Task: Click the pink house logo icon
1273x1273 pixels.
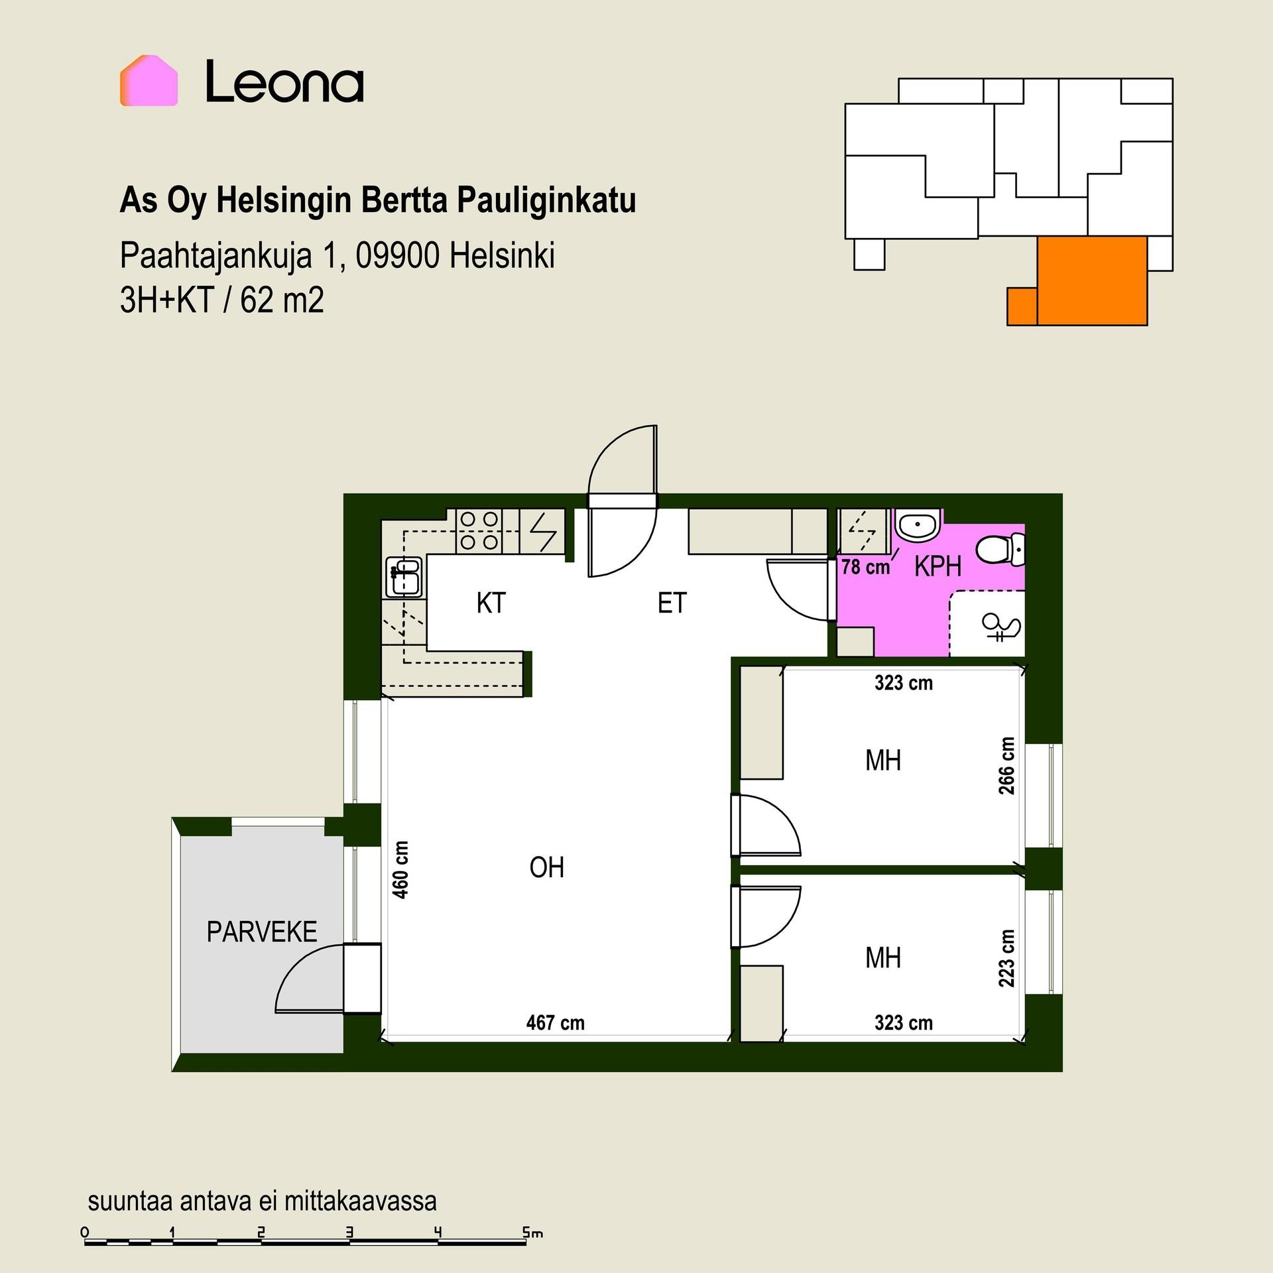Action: (149, 80)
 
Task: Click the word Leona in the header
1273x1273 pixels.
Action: (284, 82)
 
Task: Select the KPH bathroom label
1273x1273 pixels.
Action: (938, 566)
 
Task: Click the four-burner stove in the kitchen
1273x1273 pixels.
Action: (478, 531)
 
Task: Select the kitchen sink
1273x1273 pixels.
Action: (404, 577)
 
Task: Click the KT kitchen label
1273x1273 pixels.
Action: (491, 603)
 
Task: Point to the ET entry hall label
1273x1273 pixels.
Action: (672, 603)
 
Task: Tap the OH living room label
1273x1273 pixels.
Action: (546, 867)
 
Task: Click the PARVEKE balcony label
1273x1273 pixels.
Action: (262, 932)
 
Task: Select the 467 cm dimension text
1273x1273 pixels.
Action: (556, 1022)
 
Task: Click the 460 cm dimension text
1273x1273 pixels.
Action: (400, 869)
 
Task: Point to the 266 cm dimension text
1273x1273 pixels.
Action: (1006, 765)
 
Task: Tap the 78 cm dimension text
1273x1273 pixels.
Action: (865, 567)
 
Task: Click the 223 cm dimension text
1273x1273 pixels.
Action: (1006, 958)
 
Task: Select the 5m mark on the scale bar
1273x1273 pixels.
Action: (532, 1233)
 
